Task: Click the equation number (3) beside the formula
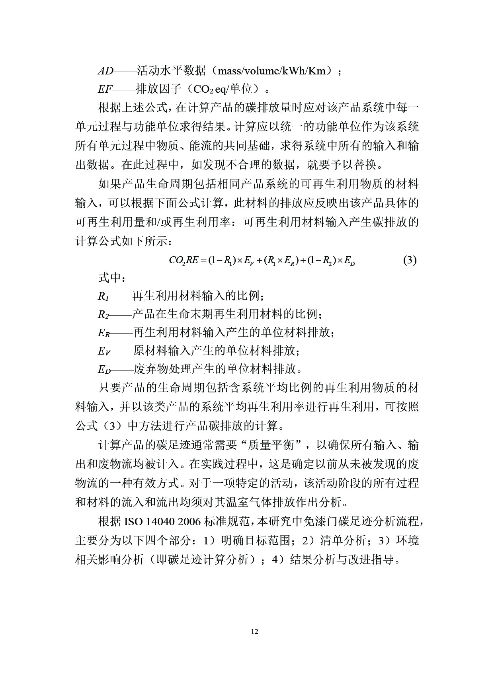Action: (x=410, y=261)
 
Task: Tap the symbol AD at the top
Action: (x=105, y=71)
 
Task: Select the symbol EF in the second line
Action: (x=105, y=89)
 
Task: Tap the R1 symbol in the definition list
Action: (x=103, y=296)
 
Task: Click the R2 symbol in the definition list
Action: (x=103, y=315)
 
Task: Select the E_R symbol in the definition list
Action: (x=103, y=333)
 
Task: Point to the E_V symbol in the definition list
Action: (x=103, y=351)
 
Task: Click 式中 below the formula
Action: (x=109, y=278)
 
